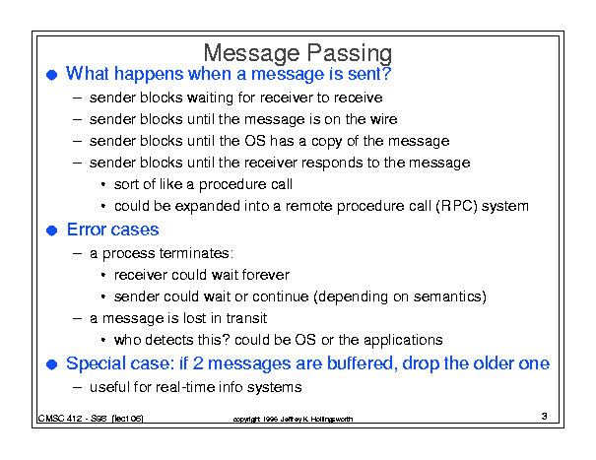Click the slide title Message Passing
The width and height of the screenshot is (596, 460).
[x=298, y=53]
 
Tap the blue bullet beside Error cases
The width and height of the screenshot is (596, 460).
[x=51, y=230]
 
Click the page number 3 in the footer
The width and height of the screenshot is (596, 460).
[x=545, y=417]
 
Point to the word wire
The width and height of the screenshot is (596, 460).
[x=383, y=119]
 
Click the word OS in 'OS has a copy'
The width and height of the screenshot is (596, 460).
[x=255, y=141]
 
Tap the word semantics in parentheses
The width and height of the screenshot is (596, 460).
[x=447, y=296]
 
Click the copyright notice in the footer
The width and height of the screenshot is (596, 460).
[x=293, y=419]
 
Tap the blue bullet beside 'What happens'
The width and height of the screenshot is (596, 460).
[x=51, y=75]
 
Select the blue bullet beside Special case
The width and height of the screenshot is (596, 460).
[x=51, y=364]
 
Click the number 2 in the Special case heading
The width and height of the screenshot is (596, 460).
[x=198, y=363]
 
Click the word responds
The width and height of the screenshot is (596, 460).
[x=332, y=164]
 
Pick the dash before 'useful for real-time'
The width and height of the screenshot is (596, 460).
[x=77, y=387]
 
